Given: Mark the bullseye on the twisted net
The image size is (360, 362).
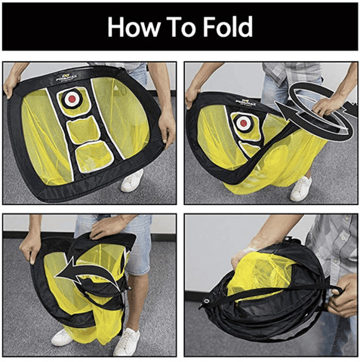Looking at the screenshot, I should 244,122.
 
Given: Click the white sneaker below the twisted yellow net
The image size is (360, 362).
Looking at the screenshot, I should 302,189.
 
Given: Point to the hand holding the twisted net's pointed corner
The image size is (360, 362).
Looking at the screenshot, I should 195,97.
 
